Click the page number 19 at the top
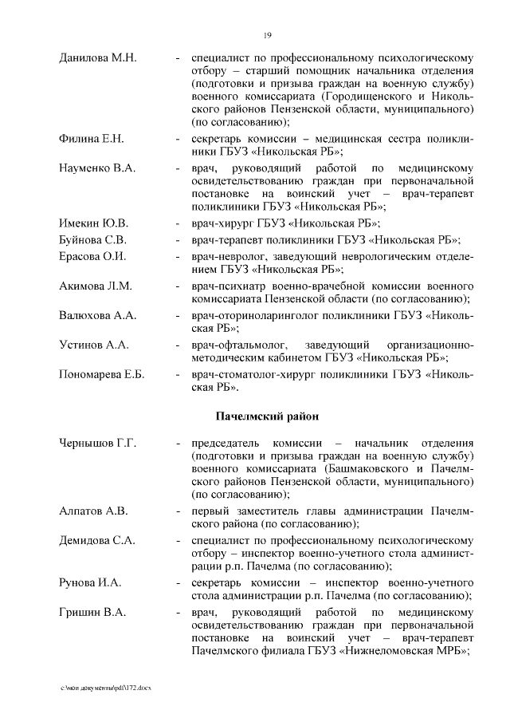coord(268,34)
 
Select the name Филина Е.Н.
coord(92,140)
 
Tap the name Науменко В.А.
coord(97,168)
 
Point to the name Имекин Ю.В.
coord(93,223)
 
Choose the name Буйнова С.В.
coord(93,239)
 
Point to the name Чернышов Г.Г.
coord(98,443)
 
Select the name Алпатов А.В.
coord(93,511)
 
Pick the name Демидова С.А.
coord(96,540)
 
